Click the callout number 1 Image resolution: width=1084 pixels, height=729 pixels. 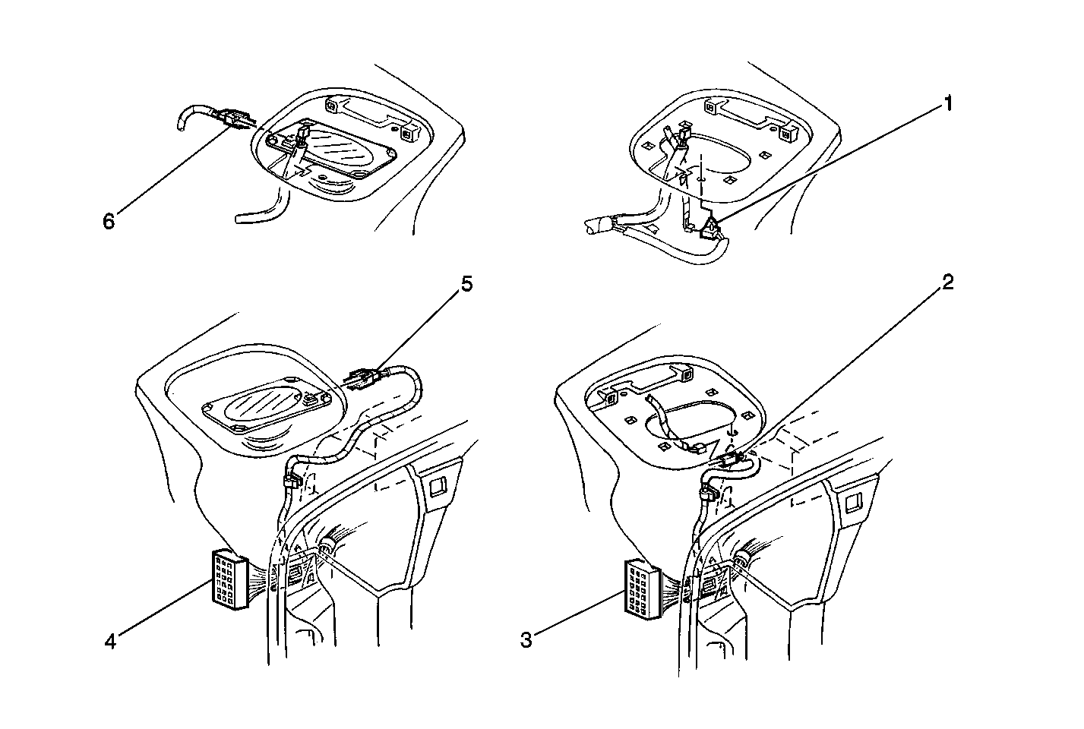pyautogui.click(x=947, y=103)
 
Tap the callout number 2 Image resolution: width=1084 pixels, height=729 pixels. pyautogui.click(x=947, y=282)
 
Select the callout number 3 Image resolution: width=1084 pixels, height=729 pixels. pyautogui.click(x=526, y=640)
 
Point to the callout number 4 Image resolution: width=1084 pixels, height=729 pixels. pyautogui.click(x=110, y=642)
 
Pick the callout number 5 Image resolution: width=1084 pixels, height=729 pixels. pyautogui.click(x=466, y=285)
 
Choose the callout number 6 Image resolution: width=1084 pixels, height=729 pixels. pyautogui.click(x=109, y=221)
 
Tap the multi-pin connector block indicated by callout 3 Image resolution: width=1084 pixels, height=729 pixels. pyautogui.click(x=643, y=589)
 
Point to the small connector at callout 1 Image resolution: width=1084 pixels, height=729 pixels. pyautogui.click(x=711, y=229)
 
